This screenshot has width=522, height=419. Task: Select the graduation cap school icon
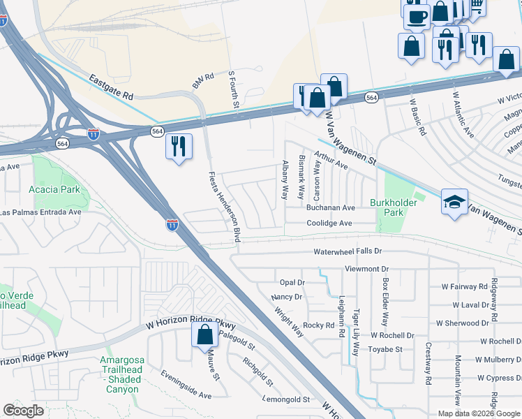(454, 203)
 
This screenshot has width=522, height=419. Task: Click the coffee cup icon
(417, 16)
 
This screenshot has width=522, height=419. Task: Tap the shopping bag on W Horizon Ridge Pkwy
(204, 336)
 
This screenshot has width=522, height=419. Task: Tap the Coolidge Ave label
(330, 223)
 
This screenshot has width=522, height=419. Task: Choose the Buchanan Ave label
(330, 208)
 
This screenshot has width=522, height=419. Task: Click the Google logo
(23, 411)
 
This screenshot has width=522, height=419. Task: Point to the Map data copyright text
(479, 413)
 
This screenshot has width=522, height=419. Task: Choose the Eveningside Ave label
(186, 385)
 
